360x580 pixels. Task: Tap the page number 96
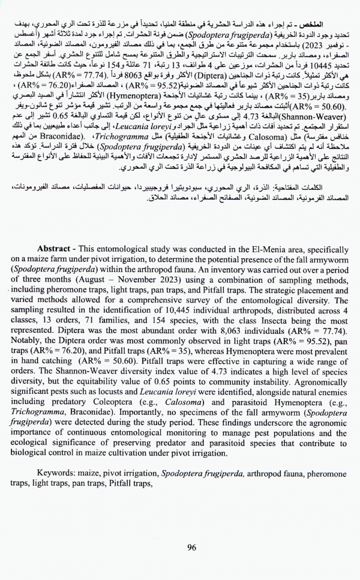[x=192, y=546]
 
